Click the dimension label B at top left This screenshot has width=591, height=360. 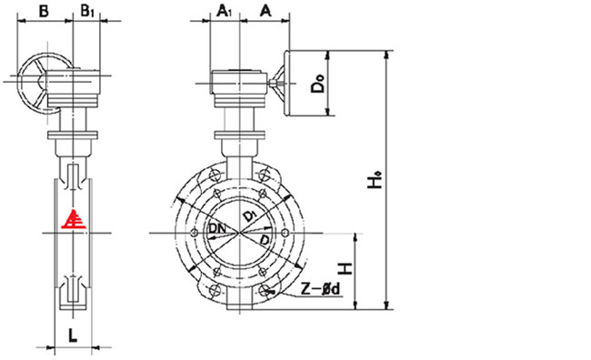[44, 11]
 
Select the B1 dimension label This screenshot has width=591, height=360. [87, 11]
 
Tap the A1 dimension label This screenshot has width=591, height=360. [225, 11]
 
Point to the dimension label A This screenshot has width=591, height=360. [265, 11]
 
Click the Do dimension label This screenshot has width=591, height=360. [317, 84]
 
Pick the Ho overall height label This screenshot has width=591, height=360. [375, 180]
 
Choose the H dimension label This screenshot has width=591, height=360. [346, 268]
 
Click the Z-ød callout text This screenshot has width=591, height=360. [320, 289]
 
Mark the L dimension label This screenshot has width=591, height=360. [73, 335]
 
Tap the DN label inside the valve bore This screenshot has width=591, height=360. [218, 228]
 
